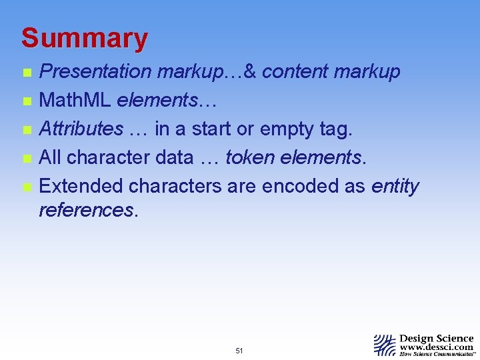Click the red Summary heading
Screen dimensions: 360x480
click(84, 39)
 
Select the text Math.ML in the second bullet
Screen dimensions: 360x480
click(76, 100)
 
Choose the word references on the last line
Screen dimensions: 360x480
click(87, 210)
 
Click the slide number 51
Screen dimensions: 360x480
click(239, 351)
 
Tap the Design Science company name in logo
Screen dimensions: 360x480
click(436, 339)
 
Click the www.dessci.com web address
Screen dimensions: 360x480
click(436, 347)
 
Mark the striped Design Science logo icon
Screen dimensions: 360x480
click(385, 345)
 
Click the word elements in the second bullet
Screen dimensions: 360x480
click(157, 100)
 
